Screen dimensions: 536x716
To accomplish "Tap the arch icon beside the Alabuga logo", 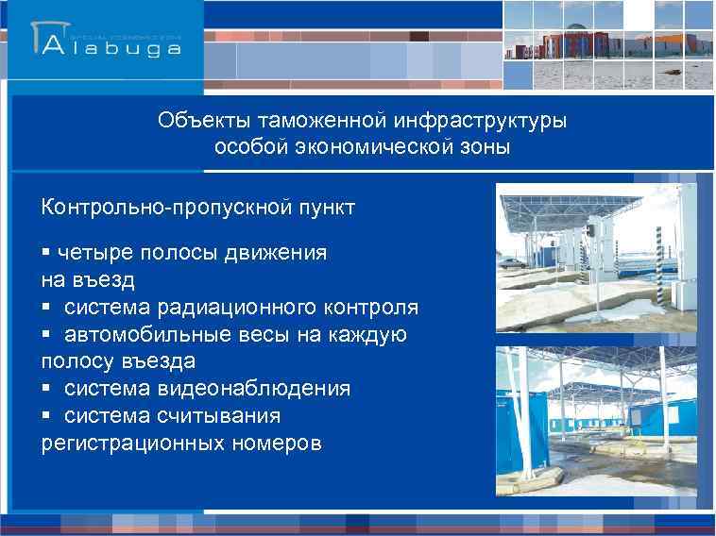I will click(47, 40).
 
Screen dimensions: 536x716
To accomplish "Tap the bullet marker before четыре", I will click(45, 253).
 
